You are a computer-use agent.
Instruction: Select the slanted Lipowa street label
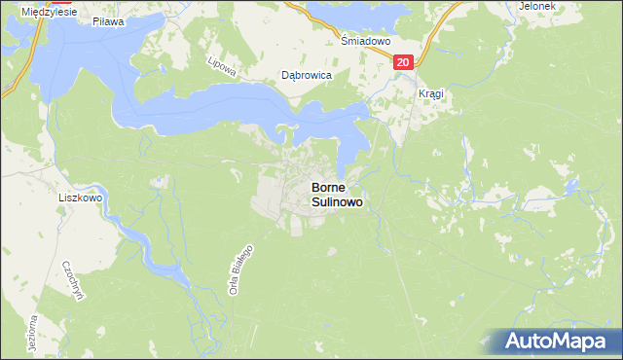(216, 63)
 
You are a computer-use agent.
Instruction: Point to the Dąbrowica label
(307, 75)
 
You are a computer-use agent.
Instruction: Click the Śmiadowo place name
(365, 43)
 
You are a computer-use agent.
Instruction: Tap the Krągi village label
(430, 93)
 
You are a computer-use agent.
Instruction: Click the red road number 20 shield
(405, 62)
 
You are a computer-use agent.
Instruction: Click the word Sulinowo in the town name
(337, 202)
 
